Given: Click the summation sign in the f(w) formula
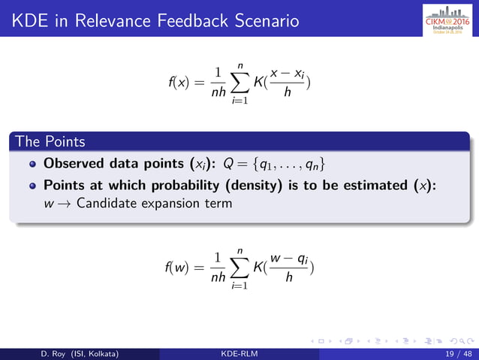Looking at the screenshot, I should pyautogui.click(x=240, y=268).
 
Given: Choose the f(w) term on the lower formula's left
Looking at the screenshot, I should pyautogui.click(x=176, y=268).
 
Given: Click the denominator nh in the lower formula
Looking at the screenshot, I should pyautogui.click(x=217, y=277).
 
